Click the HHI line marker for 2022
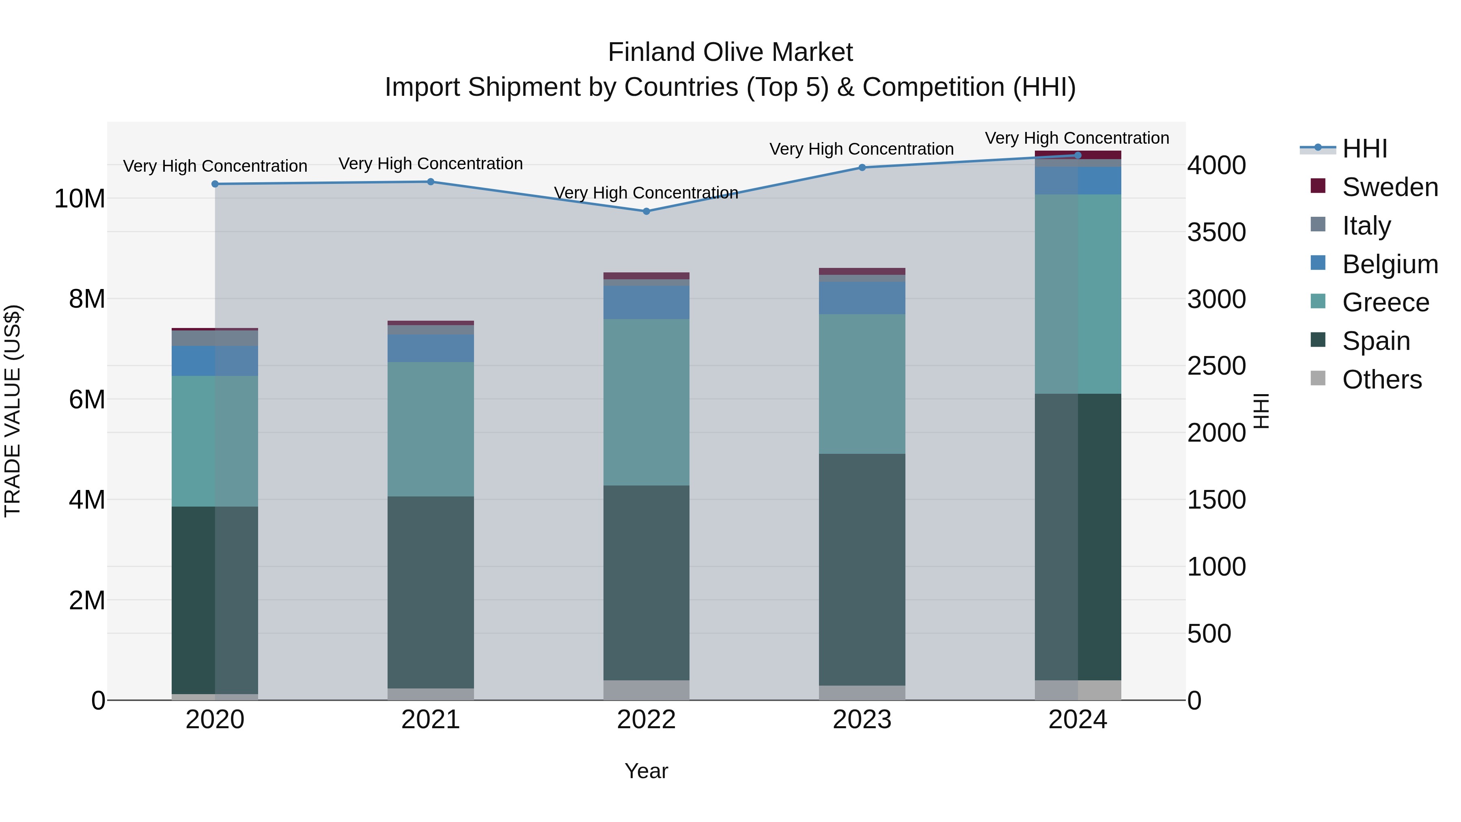[646, 211]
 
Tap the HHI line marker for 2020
[215, 184]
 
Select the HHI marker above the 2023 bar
[862, 167]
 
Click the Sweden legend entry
[1390, 187]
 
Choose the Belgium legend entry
[1390, 264]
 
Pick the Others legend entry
[1381, 380]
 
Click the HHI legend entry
[1364, 149]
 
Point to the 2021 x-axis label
[431, 720]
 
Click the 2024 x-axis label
[1077, 720]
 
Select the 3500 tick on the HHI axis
[1217, 233]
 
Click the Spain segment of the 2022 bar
[646, 583]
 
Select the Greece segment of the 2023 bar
[862, 384]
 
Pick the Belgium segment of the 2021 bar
[431, 348]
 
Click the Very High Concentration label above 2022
[646, 193]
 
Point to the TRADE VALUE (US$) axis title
[13, 411]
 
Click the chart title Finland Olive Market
[730, 52]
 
